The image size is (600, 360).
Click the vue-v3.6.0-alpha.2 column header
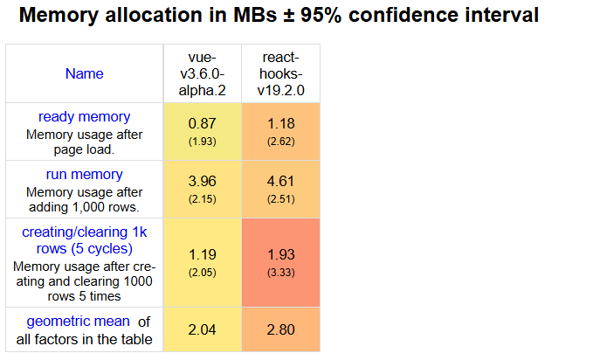click(x=202, y=73)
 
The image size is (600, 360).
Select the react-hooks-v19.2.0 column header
click(x=281, y=73)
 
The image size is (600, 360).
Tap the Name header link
click(x=84, y=73)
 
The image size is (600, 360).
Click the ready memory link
click(x=84, y=116)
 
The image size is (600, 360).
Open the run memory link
click(x=84, y=174)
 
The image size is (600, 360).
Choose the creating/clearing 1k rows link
click(x=84, y=240)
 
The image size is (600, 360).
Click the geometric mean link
click(x=78, y=321)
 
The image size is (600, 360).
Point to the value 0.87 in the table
click(x=202, y=124)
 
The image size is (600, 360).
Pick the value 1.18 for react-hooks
click(x=281, y=124)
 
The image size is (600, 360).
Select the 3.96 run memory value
click(x=202, y=182)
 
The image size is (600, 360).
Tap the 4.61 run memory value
click(x=281, y=182)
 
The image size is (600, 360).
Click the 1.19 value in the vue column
click(x=202, y=255)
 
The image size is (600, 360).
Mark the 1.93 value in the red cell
click(x=281, y=255)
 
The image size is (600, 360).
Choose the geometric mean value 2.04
click(x=202, y=329)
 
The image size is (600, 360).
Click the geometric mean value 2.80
click(x=281, y=329)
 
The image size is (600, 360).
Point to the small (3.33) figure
click(x=281, y=273)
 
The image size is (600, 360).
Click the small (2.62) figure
click(x=281, y=142)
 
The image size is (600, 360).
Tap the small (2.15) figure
click(x=202, y=199)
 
